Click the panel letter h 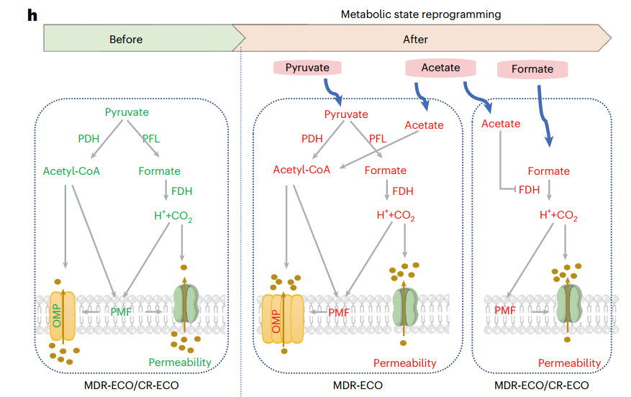point(32,15)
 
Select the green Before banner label point(126,40)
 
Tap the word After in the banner point(415,40)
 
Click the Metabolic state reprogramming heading point(420,14)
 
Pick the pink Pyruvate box point(307,68)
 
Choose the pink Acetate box point(440,68)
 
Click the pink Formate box point(532,70)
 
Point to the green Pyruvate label point(127,112)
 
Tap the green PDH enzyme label point(88,137)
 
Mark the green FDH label point(181,191)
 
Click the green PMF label point(121,311)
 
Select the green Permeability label point(179,362)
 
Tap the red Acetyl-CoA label point(301,170)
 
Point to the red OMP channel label point(274,316)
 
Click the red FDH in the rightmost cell point(529,191)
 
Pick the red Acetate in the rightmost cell point(500,124)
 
